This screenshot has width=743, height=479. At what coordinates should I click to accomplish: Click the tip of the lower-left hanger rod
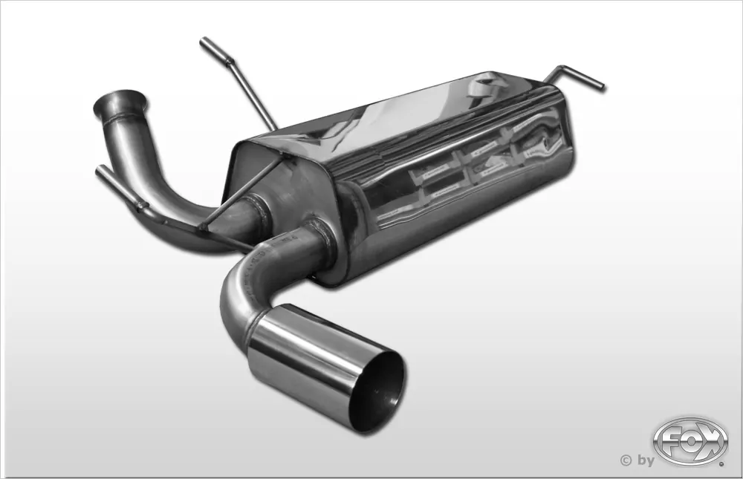coord(100,170)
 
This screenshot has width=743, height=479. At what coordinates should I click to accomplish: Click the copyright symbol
coord(625,460)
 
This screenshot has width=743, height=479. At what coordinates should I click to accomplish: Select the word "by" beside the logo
coord(643,460)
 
